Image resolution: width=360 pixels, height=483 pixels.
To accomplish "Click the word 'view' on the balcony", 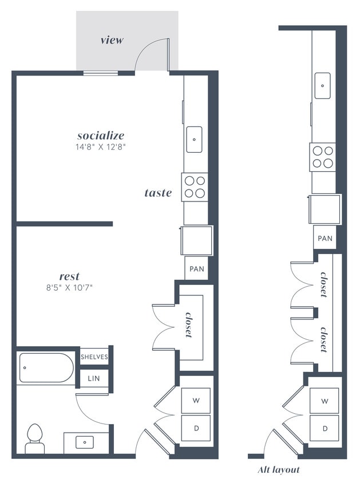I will (112, 40).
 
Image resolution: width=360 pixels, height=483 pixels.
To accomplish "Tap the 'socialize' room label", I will (101, 136).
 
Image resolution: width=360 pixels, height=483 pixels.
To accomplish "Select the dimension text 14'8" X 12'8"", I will (101, 147).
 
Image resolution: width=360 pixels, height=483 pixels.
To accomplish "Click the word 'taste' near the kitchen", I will (158, 193).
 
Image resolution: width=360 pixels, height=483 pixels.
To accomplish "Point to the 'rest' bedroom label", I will (69, 276).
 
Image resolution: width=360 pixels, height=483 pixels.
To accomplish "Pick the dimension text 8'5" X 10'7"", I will (70, 287).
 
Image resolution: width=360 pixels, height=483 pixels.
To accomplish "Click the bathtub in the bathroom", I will (46, 367).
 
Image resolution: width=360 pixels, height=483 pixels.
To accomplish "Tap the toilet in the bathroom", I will (35, 438).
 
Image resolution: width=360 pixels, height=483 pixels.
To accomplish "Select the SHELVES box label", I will (94, 357).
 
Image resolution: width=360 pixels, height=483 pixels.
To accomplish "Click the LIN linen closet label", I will (94, 378).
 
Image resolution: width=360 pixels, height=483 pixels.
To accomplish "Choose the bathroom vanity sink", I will (85, 442).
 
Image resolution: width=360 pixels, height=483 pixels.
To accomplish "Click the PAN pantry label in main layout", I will (195, 268).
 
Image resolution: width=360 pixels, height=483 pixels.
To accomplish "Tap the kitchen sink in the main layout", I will (194, 139).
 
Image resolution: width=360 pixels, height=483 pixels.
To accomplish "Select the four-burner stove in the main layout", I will (195, 187).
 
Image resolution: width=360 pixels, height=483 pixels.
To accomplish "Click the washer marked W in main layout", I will (196, 401).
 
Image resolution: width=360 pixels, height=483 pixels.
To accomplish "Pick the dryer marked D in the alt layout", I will (325, 428).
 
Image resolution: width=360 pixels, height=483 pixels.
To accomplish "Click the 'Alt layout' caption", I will (279, 470).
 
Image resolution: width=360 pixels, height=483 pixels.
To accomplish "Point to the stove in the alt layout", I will (323, 157).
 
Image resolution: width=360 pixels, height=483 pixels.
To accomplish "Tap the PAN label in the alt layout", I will (325, 238).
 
